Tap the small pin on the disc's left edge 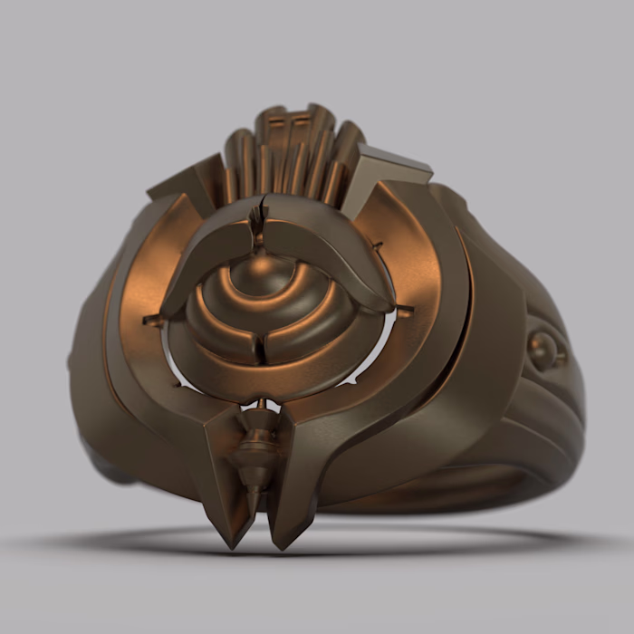150,320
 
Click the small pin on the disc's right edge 404,311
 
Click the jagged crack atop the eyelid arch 258,222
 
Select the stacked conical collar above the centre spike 259,444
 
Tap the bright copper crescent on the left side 136,272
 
